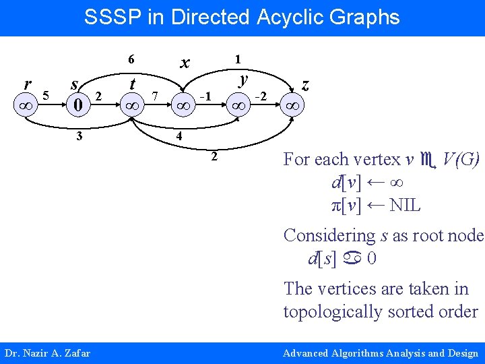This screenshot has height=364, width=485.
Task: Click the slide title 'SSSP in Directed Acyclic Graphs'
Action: [x=242, y=17]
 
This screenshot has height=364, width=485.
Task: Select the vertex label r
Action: [x=26, y=84]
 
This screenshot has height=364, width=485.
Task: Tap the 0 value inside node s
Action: [x=78, y=105]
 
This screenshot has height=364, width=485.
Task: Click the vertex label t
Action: [x=133, y=84]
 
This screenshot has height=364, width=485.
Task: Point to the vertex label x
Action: [x=183, y=63]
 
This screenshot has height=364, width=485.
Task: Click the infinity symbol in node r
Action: [x=26, y=107]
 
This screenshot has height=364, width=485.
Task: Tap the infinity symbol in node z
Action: [x=292, y=107]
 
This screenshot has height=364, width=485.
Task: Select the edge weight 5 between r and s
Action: [x=46, y=94]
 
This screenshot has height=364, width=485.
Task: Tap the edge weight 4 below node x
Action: [x=179, y=136]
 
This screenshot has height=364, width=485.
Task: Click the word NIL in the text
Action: [x=405, y=205]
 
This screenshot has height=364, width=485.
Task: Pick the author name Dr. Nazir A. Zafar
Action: [x=47, y=353]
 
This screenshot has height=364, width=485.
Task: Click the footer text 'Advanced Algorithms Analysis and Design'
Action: [x=380, y=353]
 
